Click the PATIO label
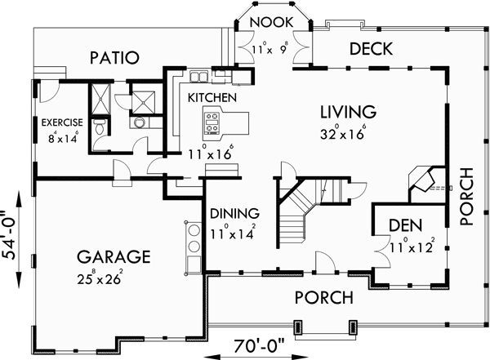tap(114, 58)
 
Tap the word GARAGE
tap(114, 256)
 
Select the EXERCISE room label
tap(63, 123)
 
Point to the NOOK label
tap(267, 21)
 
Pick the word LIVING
tap(347, 111)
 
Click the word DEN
tap(406, 224)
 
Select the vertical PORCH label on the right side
tap(466, 196)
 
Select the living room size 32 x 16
tap(348, 131)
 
